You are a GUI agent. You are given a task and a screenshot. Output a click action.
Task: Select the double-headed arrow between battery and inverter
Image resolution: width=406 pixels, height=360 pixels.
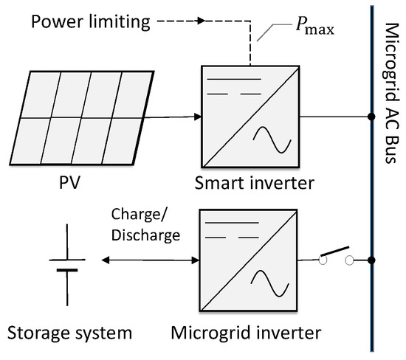151,260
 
